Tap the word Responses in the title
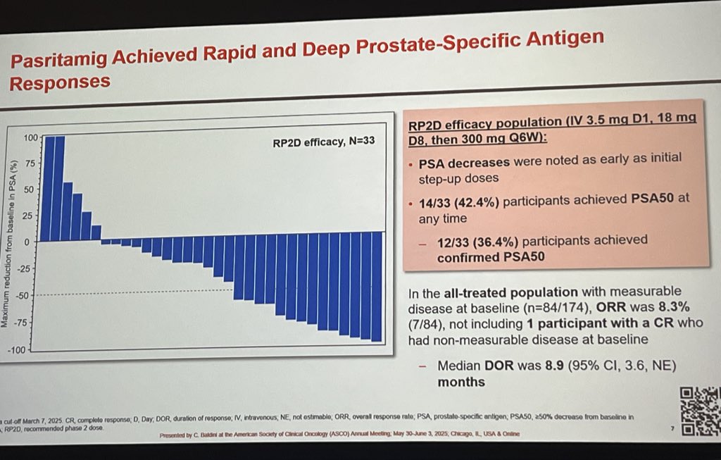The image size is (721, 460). point(61,82)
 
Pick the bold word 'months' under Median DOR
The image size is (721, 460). point(461,383)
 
